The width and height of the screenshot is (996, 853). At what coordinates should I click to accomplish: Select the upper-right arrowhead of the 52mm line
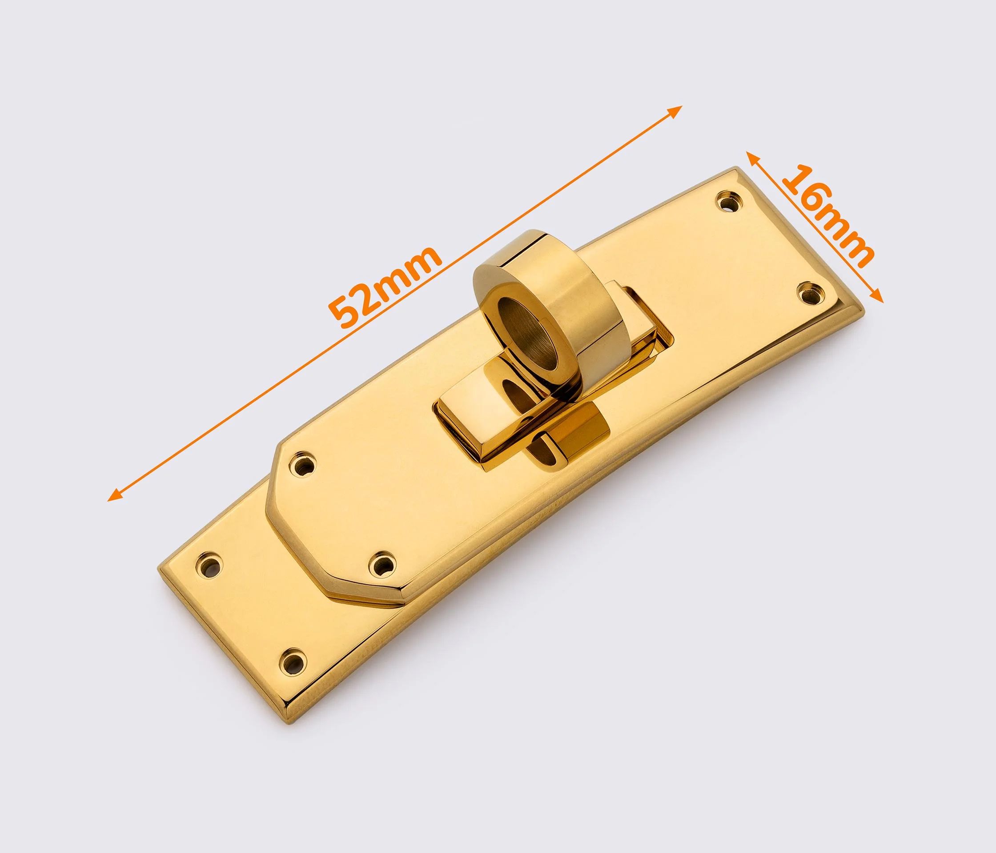[675, 111]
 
